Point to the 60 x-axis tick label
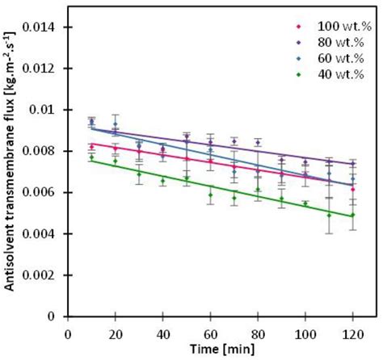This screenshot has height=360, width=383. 209,332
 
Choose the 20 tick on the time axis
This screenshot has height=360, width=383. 115,332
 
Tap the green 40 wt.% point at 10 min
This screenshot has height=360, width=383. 91,157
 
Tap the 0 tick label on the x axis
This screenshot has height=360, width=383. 67,332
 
